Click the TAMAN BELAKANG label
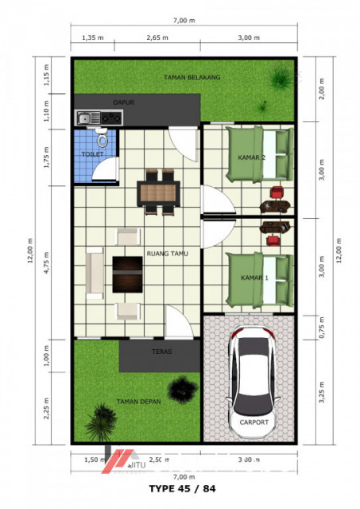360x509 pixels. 192,77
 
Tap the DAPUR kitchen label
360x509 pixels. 122,103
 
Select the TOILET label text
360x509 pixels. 91,153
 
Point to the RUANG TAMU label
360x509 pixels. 166,254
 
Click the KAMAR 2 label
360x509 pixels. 252,157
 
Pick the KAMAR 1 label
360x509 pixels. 254,278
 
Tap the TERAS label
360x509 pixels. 162,351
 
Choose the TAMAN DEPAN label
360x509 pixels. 139,402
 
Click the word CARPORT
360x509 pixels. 254,422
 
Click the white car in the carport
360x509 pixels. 254,378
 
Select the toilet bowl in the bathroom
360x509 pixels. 102,141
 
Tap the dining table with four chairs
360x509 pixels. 158,192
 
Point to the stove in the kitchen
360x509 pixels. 111,119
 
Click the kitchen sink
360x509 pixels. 85,119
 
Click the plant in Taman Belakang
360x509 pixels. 279,79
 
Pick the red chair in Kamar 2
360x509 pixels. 276,192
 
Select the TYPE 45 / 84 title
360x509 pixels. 182,487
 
